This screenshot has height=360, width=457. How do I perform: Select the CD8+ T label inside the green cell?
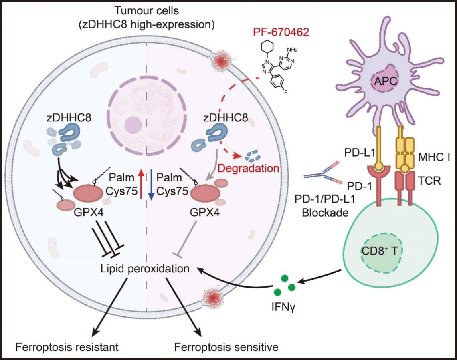[x=379, y=251]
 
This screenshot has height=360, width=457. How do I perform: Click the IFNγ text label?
[x=283, y=307]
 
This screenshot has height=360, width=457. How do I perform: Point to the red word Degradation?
[x=249, y=168]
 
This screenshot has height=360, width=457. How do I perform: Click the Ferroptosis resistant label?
[x=67, y=347]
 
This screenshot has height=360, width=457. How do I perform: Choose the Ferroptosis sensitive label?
[x=226, y=347]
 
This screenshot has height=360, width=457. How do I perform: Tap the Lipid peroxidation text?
[x=145, y=268]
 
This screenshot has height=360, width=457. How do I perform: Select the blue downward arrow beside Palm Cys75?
[x=151, y=185]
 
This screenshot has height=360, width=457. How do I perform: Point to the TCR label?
[x=429, y=181]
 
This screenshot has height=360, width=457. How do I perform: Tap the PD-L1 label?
[x=359, y=153]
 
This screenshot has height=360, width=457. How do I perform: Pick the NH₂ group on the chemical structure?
[x=292, y=50]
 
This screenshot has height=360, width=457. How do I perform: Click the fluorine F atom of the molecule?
[x=286, y=92]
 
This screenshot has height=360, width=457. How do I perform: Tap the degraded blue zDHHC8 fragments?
[x=253, y=156]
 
